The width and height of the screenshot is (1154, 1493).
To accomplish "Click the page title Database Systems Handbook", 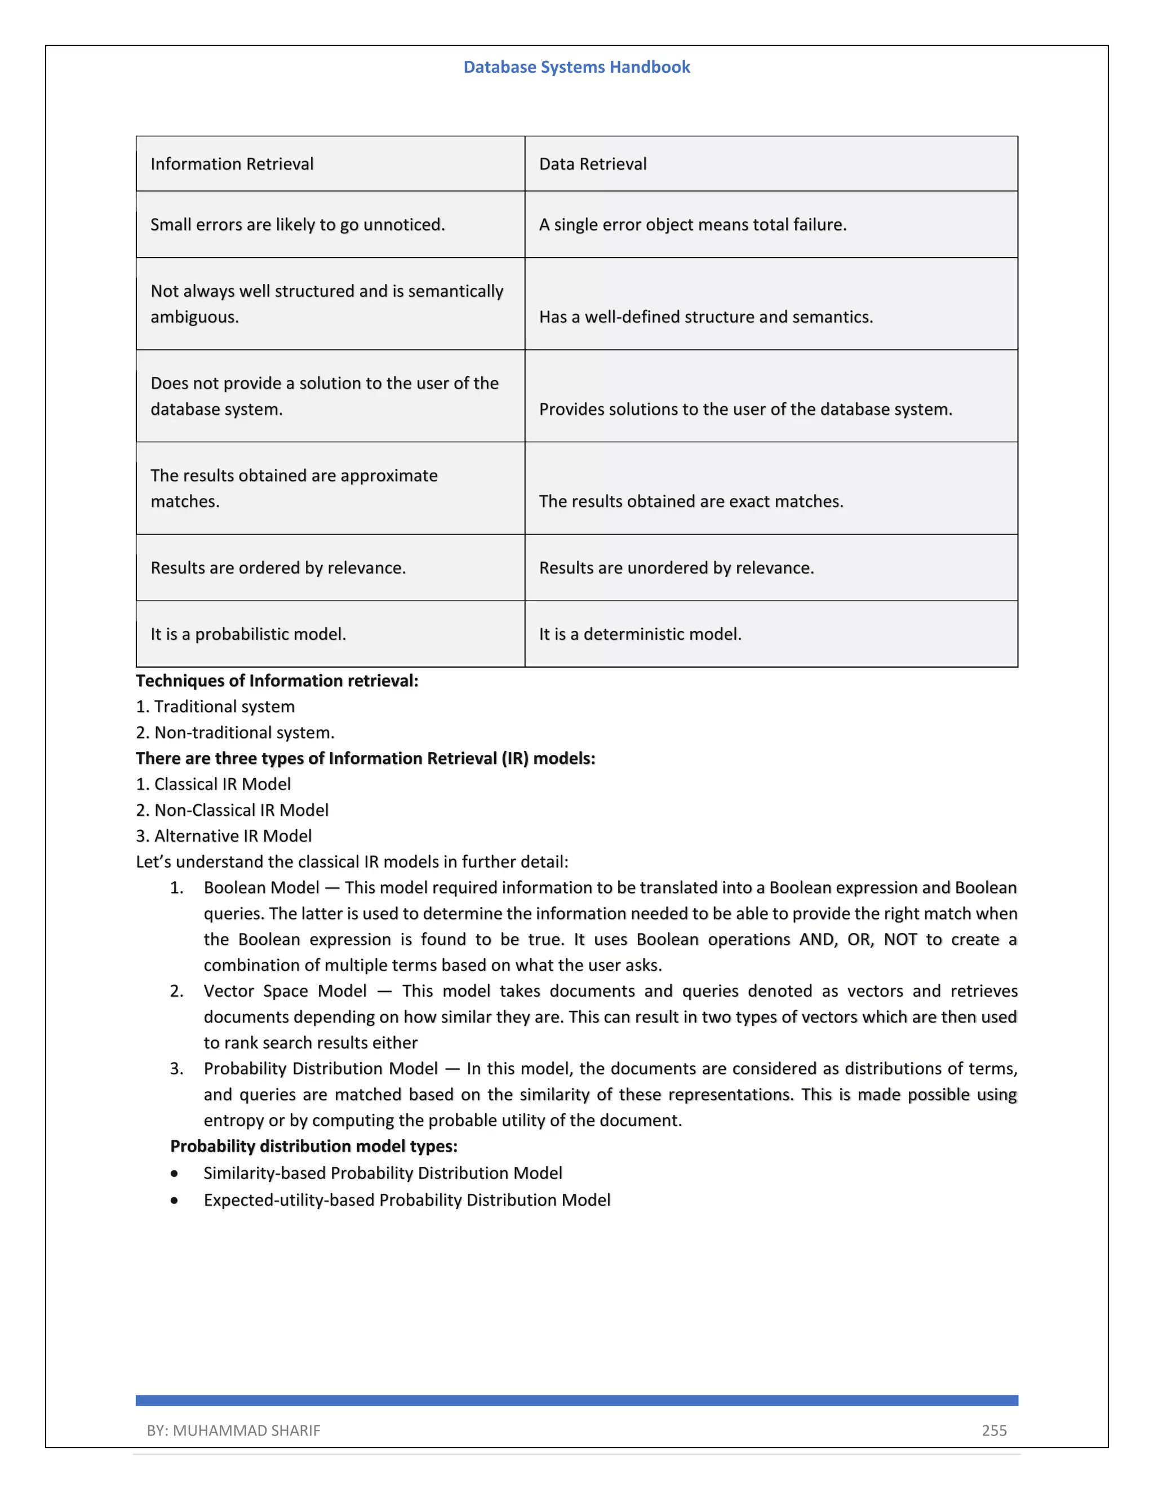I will point(576,67).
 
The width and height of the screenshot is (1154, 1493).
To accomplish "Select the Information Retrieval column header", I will point(232,164).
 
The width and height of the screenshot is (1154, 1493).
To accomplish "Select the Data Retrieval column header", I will point(592,164).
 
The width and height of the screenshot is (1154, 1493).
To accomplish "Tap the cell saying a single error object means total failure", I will point(692,225).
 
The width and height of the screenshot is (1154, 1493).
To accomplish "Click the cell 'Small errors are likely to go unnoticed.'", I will point(298,225).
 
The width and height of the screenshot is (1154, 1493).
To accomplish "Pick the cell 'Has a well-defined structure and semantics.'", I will point(705,317).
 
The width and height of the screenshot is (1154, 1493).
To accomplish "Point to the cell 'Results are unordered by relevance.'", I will point(676,568).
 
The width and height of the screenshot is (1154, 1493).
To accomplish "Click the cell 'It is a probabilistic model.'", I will point(248,634).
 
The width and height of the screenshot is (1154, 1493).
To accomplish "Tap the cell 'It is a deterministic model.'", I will point(640,634).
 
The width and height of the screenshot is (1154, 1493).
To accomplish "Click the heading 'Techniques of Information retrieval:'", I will point(277,681).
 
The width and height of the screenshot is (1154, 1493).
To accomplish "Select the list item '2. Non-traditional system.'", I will point(235,733).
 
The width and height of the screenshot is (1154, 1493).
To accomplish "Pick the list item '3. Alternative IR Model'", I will point(224,836).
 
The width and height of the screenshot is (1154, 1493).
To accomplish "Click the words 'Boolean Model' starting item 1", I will point(261,888).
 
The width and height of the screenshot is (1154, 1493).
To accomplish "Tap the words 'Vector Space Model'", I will point(285,991).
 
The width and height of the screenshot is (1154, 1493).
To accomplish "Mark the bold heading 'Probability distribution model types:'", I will point(314,1147).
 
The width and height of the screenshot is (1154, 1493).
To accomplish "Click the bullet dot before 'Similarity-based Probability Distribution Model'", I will point(175,1174).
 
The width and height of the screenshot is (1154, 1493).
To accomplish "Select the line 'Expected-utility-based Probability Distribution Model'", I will point(407,1201).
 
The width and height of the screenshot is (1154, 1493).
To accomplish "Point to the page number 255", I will point(994,1431).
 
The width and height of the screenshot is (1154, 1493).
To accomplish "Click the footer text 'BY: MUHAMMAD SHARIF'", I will point(233,1431).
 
